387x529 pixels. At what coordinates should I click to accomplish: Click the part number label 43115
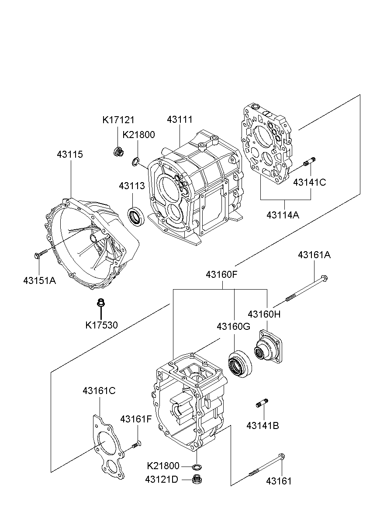coord(70,155)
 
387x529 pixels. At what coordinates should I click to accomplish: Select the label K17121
coord(118,120)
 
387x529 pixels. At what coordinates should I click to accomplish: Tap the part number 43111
coord(180,120)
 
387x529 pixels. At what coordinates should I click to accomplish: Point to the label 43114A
coord(283,215)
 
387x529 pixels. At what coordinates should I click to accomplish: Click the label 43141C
coord(309,183)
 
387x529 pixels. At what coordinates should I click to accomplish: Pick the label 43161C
coord(99,391)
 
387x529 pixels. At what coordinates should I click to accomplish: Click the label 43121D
coord(162,479)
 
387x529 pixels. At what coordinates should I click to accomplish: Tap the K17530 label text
coord(101,325)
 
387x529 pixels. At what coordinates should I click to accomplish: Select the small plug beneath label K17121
coord(117,152)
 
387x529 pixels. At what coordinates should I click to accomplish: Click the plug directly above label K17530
coord(101,302)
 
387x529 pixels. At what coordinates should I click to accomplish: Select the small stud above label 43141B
coord(262,403)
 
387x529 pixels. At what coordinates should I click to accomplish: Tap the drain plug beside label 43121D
coord(197,479)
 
